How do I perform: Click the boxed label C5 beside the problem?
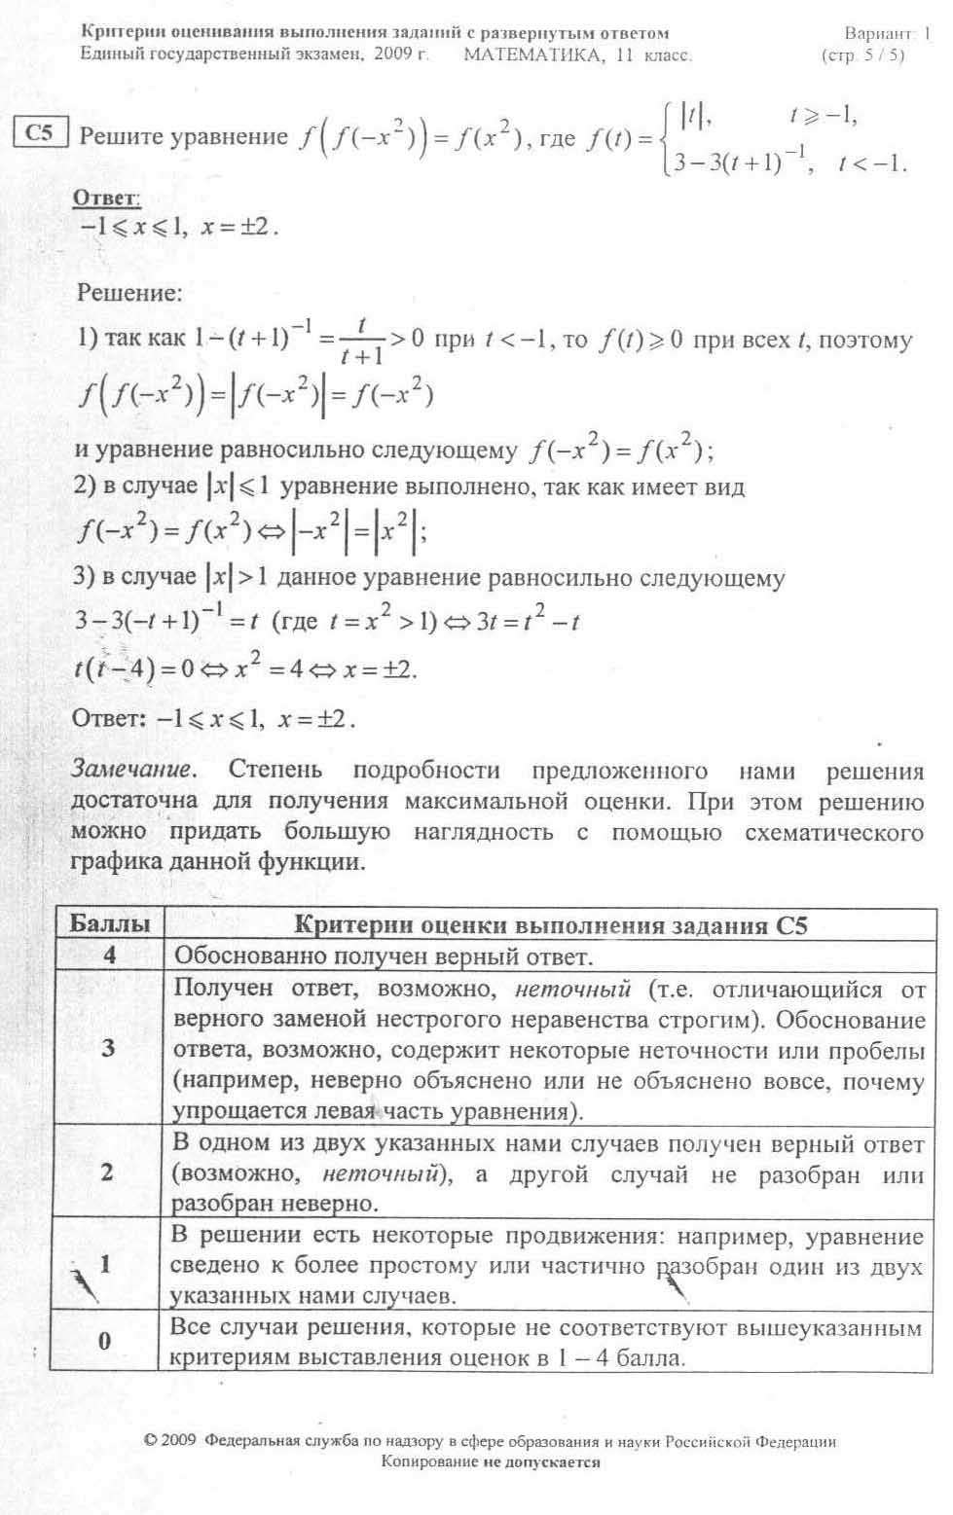point(40,133)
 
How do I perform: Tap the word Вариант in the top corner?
point(877,34)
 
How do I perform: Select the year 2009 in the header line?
point(392,54)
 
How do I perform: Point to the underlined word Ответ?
point(106,198)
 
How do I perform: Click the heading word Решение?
point(128,292)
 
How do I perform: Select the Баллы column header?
point(109,923)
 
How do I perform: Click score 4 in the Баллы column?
point(109,956)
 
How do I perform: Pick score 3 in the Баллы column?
point(108,1048)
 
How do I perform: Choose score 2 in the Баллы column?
point(108,1172)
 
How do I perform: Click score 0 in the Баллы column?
point(105,1341)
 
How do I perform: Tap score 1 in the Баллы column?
point(105,1264)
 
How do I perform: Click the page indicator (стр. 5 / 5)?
point(862,55)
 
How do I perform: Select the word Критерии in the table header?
point(351,925)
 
